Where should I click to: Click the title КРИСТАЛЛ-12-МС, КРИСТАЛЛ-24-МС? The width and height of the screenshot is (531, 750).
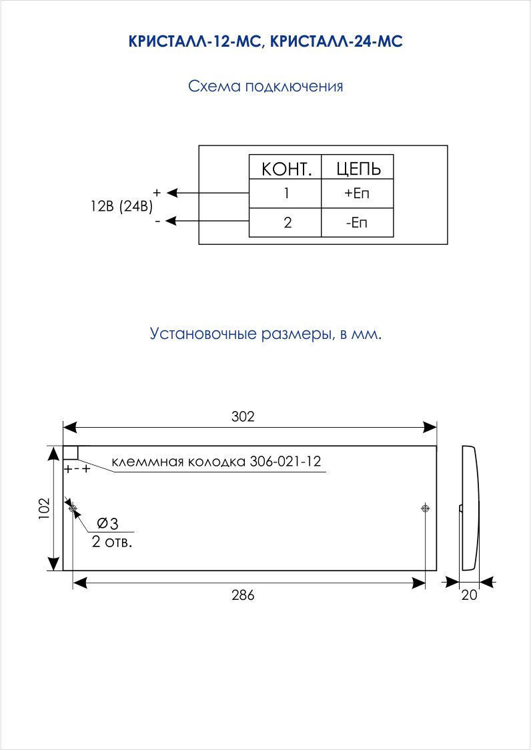(265, 41)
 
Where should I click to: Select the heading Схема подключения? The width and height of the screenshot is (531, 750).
(265, 87)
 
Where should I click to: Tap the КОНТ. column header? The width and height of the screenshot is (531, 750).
(285, 167)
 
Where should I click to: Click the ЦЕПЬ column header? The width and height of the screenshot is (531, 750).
(358, 167)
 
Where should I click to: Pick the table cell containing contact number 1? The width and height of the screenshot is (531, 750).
(285, 194)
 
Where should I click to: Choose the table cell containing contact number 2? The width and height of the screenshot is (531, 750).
(285, 222)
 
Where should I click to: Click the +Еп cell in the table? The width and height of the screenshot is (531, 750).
(358, 194)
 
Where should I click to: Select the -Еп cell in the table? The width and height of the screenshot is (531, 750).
(358, 222)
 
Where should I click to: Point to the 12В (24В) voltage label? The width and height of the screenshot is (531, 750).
(121, 207)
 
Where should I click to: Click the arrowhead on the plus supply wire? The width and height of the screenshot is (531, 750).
(171, 193)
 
